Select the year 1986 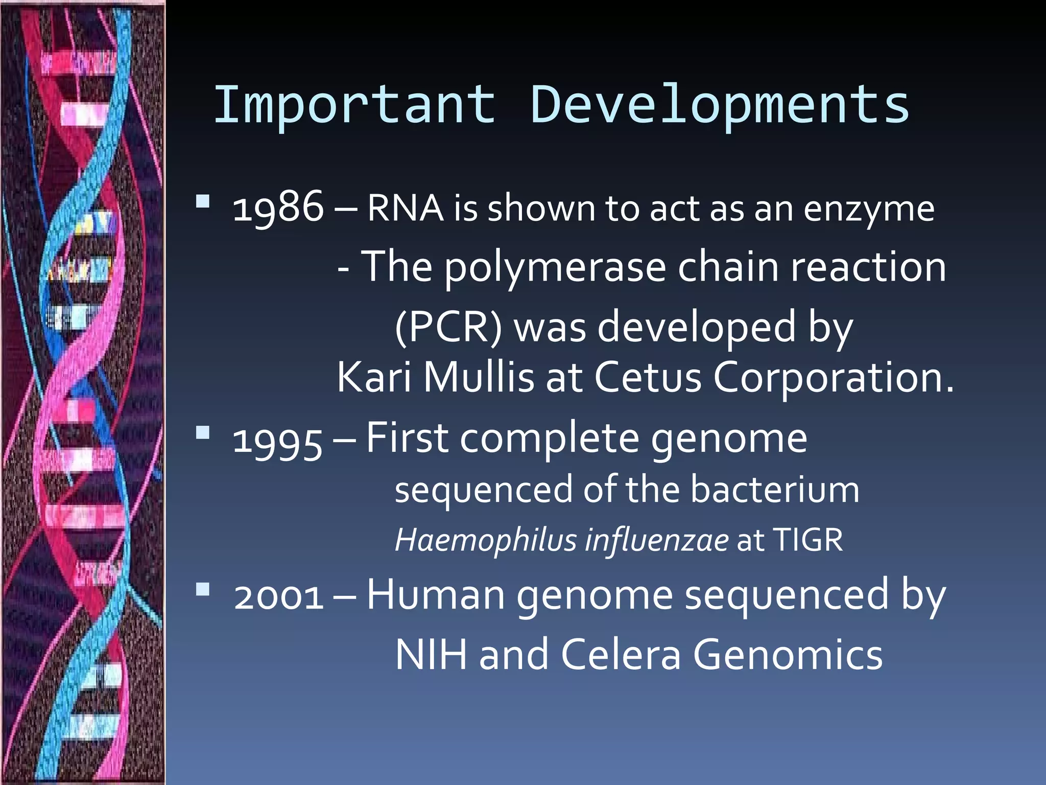click(278, 207)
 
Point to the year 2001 click(279, 596)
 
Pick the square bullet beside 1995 click(203, 433)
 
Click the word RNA click(405, 209)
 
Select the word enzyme click(869, 210)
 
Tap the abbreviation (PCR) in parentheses click(448, 327)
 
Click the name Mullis click(479, 377)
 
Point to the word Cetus click(648, 377)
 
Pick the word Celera click(621, 655)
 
